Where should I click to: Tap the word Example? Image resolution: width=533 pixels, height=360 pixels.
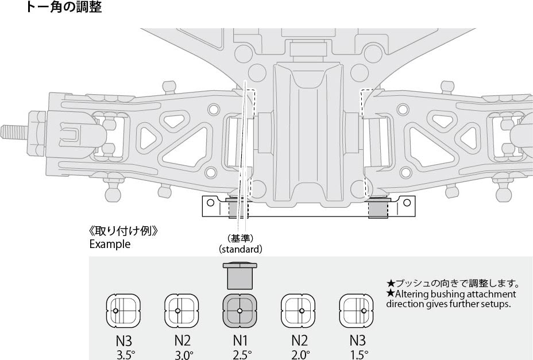coord(110,244)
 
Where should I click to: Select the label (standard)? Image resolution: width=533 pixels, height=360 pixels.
coord(240,249)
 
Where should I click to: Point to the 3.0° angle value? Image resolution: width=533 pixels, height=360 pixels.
coord(184,355)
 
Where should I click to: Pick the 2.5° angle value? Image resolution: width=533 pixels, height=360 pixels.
coord(242,355)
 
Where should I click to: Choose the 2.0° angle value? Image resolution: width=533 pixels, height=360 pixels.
coord(300,355)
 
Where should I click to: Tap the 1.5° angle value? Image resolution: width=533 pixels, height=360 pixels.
coord(359,355)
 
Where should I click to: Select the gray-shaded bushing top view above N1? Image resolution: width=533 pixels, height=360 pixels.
coord(240,311)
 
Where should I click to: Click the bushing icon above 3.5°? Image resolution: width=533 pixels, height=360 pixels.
coord(123,311)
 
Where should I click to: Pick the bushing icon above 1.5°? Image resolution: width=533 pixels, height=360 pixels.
coord(357,311)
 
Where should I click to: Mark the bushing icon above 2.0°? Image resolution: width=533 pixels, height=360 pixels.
coord(298,311)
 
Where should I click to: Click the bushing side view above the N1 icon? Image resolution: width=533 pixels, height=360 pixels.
coord(240,275)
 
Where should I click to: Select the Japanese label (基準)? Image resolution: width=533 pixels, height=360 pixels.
coord(240,238)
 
